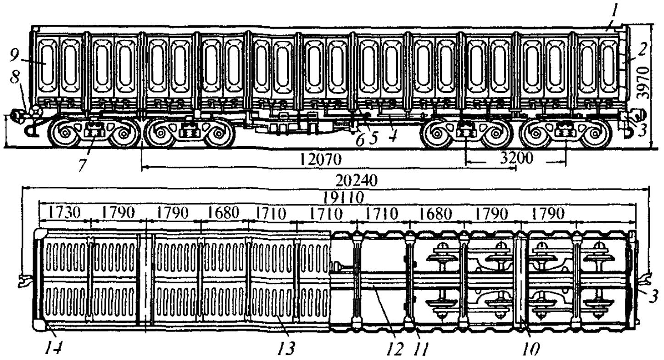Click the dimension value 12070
(x=320, y=159)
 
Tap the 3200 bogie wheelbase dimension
(x=517, y=158)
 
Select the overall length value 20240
(x=356, y=180)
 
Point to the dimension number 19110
(x=344, y=197)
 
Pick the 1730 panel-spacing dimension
(x=64, y=213)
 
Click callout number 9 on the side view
(x=14, y=55)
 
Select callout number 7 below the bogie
(x=83, y=165)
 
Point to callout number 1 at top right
(x=613, y=14)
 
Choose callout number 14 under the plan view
(x=54, y=348)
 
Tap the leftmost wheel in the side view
(x=64, y=133)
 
